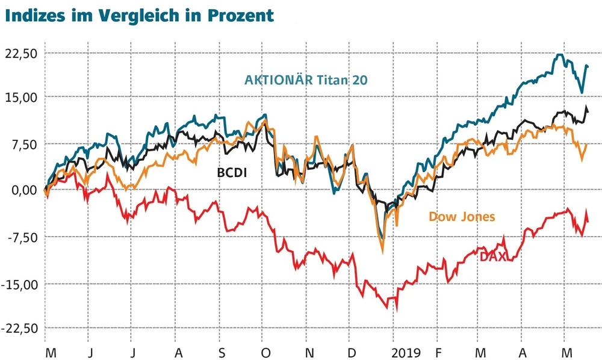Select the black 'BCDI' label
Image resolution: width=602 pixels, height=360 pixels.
(232, 173)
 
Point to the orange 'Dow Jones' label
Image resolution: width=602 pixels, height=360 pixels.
(462, 216)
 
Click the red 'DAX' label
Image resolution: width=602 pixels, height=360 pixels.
(492, 256)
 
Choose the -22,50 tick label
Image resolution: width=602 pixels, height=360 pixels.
(22, 329)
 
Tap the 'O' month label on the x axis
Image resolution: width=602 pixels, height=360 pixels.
(265, 352)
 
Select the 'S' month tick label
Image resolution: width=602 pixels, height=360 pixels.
(222, 352)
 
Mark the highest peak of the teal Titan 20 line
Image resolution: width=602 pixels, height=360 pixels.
(560, 55)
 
